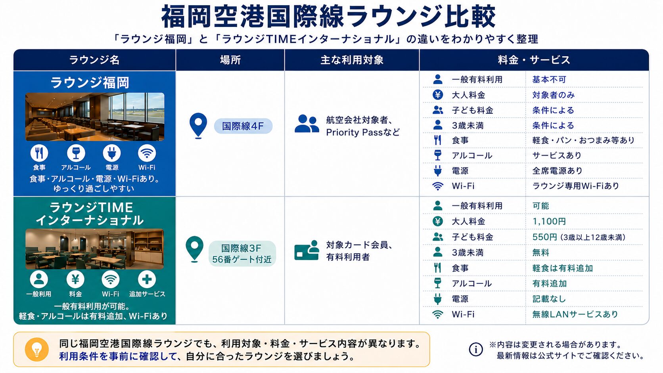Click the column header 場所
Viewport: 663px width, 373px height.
point(230,60)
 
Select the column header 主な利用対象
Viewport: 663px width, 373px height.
point(352,60)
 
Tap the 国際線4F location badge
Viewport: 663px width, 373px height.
point(243,126)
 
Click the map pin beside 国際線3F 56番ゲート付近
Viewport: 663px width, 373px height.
point(194,249)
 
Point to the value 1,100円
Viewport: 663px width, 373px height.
point(549,221)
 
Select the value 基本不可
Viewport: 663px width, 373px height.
point(549,80)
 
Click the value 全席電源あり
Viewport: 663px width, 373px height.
point(558,171)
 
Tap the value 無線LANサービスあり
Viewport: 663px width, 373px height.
point(575,314)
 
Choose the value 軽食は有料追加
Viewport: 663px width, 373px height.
point(563,268)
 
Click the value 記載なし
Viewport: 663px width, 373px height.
point(549,299)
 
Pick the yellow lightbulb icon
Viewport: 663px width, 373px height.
point(37,350)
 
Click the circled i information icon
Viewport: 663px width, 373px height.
point(476,350)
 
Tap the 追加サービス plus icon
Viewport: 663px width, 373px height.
point(147,279)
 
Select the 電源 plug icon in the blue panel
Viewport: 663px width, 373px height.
point(112,153)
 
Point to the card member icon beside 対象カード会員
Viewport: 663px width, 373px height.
point(307,250)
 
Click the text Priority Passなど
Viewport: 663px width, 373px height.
point(363,132)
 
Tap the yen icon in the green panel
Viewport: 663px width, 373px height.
point(75,279)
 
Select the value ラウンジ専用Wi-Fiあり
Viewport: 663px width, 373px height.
point(576,186)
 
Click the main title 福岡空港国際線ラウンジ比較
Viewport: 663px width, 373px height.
point(328,16)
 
